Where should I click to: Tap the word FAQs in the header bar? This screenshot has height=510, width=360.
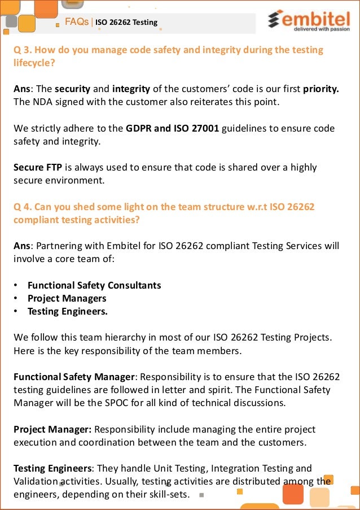pos(77,22)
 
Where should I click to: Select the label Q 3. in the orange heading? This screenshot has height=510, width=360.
pos(22,50)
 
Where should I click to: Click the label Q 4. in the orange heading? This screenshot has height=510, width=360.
pos(22,207)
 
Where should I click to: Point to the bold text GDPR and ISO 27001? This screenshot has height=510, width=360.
pos(172,128)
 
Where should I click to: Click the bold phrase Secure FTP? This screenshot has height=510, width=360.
pos(36,168)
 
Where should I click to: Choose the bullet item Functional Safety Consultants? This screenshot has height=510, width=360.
pos(94,285)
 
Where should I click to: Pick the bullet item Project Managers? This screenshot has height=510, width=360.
pos(67,298)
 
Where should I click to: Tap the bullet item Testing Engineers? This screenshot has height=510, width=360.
pos(67,311)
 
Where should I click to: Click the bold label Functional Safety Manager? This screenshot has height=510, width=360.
pos(74,377)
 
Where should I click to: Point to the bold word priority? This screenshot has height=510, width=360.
pos(321,89)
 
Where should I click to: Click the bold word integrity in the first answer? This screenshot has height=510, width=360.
pos(131,89)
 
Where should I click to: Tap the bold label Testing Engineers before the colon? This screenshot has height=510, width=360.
pos(52,468)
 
